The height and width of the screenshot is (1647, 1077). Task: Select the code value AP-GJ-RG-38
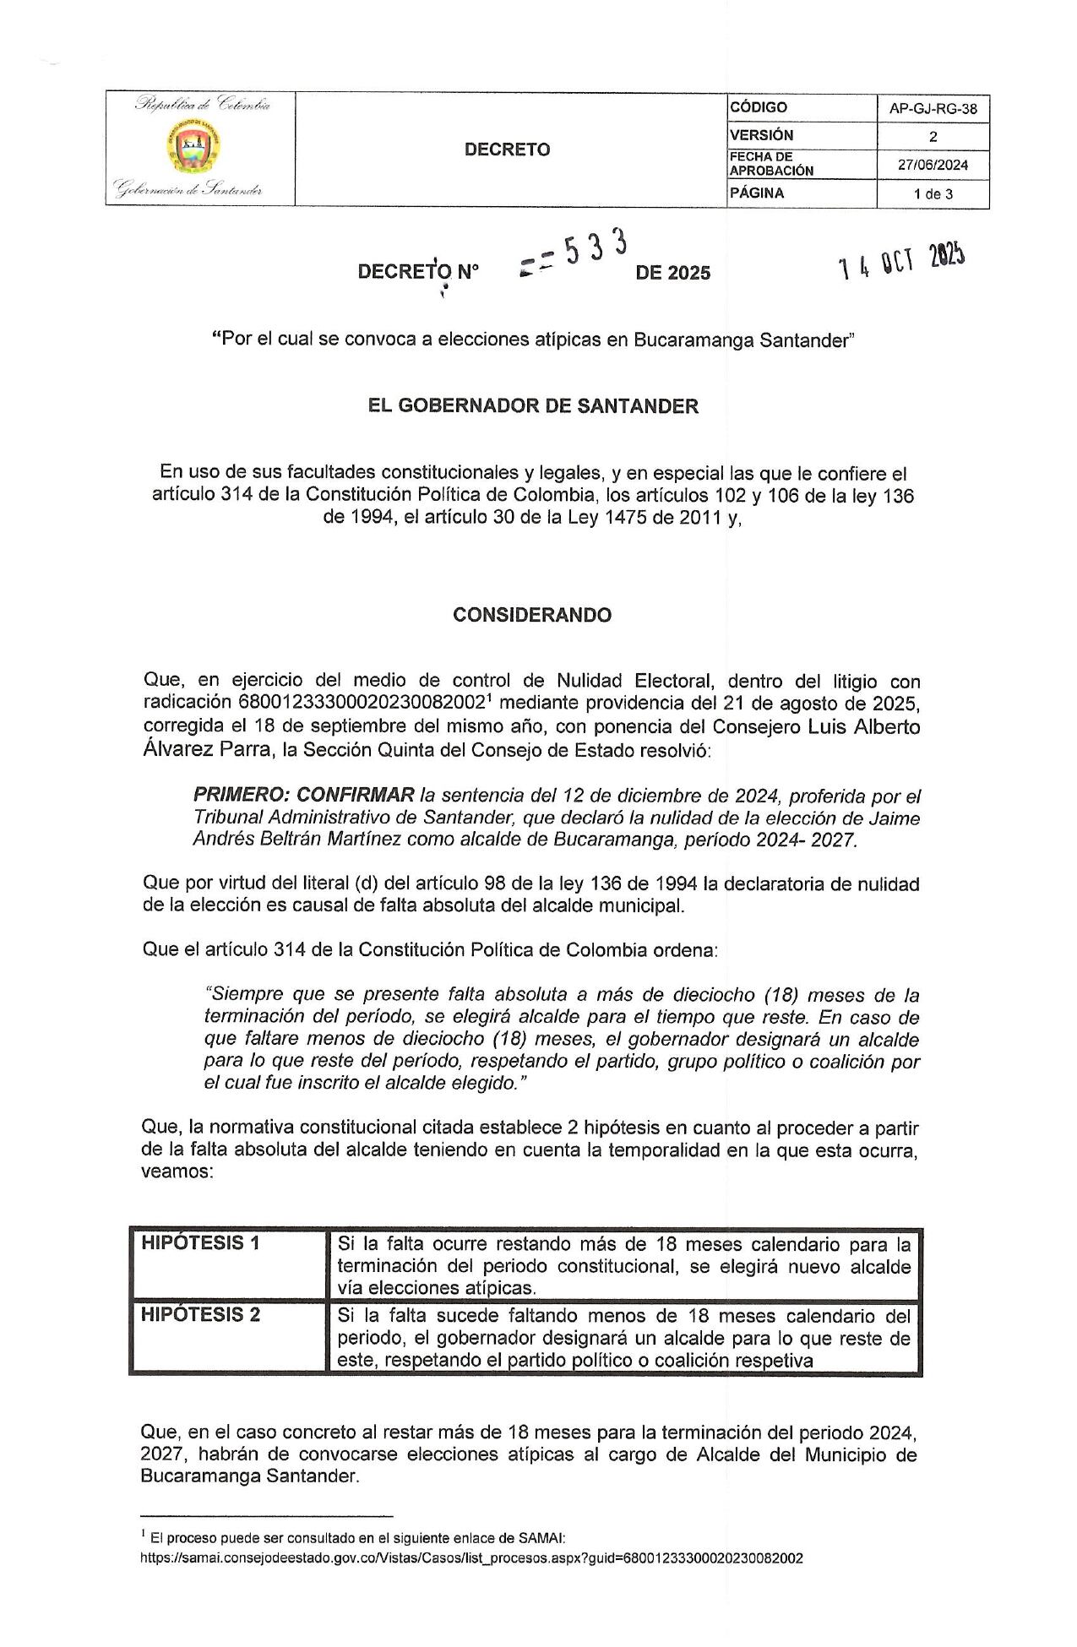point(933,109)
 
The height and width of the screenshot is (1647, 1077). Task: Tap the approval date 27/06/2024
point(933,165)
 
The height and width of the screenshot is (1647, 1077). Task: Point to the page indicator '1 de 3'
point(933,193)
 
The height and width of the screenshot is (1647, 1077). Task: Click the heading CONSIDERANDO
point(532,615)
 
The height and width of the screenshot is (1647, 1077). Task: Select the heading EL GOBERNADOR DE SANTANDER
point(533,406)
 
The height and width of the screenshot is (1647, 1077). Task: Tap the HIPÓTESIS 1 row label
point(200,1243)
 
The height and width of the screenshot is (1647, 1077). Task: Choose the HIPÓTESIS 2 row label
point(200,1315)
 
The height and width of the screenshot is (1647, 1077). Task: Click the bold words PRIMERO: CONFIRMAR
point(304,796)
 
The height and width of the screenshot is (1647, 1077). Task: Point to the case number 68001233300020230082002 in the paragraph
point(366,704)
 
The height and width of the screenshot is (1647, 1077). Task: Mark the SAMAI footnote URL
point(471,1558)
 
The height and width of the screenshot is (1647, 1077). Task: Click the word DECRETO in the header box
point(507,149)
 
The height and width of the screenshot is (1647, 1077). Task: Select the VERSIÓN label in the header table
point(762,135)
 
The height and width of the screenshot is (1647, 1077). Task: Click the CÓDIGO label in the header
point(759,107)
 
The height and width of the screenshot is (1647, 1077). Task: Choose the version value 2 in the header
point(933,137)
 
